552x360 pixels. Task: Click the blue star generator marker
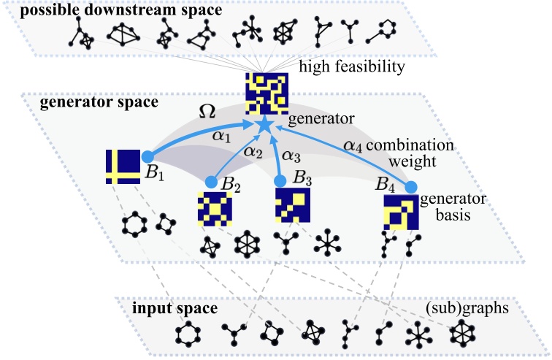(x=265, y=126)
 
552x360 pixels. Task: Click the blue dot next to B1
(x=147, y=156)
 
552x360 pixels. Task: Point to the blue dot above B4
(x=411, y=187)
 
